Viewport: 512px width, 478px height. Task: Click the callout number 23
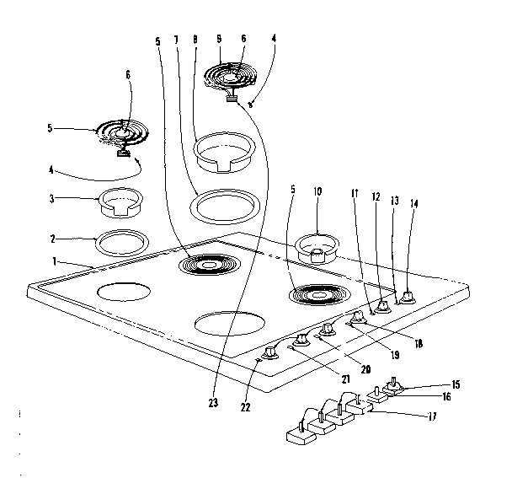(212, 404)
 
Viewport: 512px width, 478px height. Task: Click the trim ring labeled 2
(118, 244)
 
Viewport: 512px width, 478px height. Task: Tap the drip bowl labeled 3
(119, 203)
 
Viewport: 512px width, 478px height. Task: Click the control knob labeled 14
(408, 297)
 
